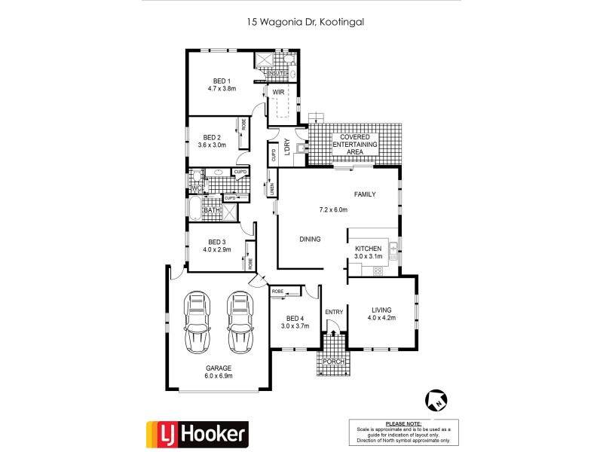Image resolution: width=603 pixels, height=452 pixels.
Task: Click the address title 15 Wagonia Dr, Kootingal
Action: (306, 23)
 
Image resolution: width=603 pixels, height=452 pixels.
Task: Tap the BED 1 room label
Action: (222, 81)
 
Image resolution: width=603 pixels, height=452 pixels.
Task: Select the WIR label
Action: (278, 93)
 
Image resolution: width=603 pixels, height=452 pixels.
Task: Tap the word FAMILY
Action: (365, 194)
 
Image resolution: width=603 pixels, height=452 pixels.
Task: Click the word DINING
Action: (310, 240)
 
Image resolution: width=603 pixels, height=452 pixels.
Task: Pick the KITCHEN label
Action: (369, 248)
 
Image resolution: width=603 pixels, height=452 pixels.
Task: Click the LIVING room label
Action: (380, 309)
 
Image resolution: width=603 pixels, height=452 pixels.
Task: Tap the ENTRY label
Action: (333, 312)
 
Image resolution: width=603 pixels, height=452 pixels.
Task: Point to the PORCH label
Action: (333, 362)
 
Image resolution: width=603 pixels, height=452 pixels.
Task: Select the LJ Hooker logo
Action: (195, 433)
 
